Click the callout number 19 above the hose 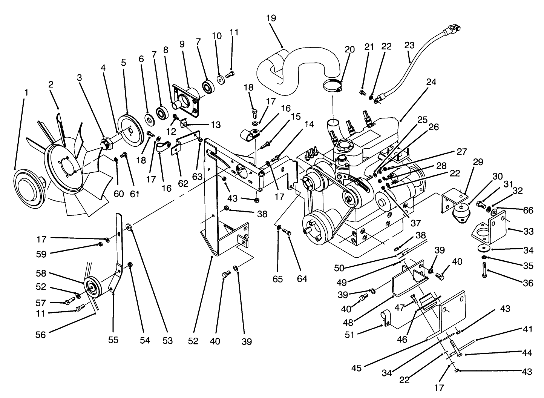(271, 18)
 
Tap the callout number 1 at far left (26, 92)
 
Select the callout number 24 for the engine (431, 82)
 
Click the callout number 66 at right (528, 211)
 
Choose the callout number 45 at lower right (356, 368)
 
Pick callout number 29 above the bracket (478, 163)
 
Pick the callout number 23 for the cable (409, 46)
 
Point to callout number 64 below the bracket (302, 279)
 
